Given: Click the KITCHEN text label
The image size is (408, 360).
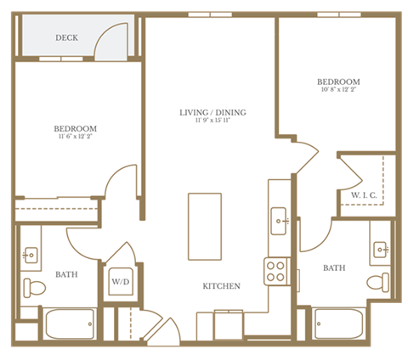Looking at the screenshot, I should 220,286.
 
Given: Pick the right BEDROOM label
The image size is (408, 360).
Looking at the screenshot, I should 338,82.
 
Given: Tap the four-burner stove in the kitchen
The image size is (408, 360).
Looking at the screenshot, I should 276,271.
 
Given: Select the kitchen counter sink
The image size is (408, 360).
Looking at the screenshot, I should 279,222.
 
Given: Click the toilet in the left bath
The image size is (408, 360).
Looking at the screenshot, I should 32,286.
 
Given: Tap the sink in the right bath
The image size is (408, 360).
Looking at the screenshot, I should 381,249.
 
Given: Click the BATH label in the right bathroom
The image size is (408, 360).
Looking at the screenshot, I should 334,268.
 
